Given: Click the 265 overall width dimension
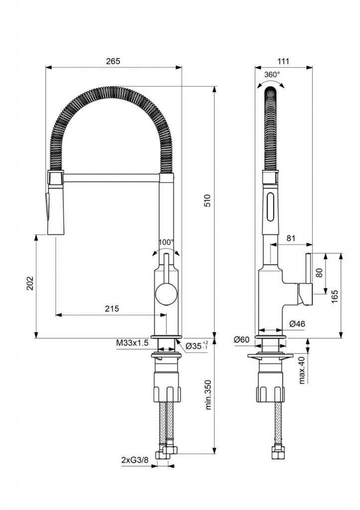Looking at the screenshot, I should [113, 61].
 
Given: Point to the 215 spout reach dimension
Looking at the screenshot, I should [112, 309].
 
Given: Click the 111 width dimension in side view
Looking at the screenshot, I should [283, 61].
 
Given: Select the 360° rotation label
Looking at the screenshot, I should [272, 74].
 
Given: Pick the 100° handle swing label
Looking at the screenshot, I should [166, 242].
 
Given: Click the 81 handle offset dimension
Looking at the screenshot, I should [291, 239].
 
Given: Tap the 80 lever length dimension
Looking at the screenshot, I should [319, 273].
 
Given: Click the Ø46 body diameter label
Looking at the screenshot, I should [297, 324].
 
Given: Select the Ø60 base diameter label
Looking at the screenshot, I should [241, 340].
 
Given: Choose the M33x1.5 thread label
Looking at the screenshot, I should [132, 343].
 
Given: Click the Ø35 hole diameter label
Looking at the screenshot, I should [196, 346].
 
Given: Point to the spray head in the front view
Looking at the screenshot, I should [55, 204].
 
